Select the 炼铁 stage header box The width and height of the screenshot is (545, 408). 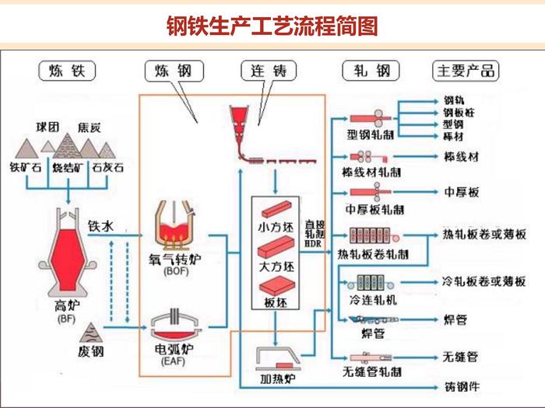[x=66, y=71]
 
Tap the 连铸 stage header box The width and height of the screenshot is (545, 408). [x=269, y=71]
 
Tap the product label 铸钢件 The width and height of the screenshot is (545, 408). [x=460, y=385]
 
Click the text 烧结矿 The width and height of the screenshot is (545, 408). [x=67, y=166]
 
